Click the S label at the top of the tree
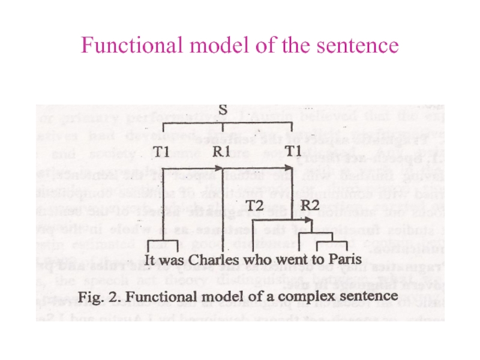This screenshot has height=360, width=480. click(x=223, y=110)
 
